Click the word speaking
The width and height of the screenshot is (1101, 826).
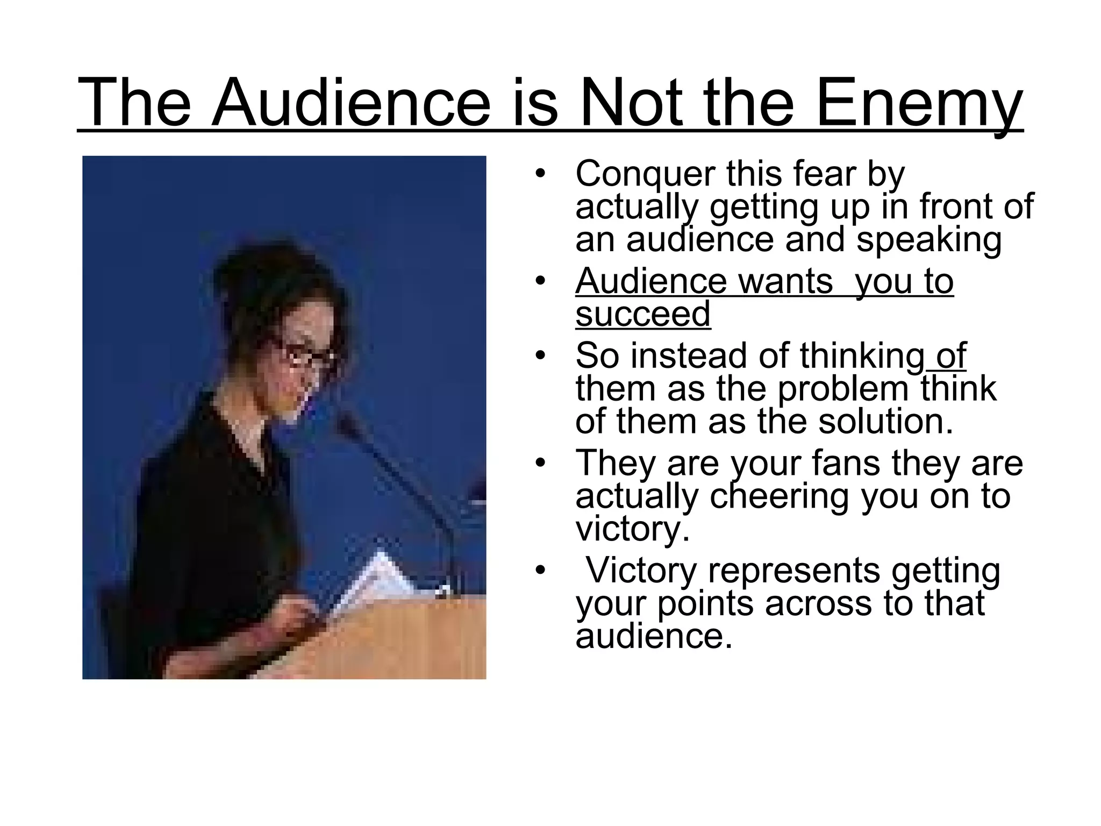(x=929, y=240)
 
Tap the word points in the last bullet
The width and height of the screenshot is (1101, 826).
(x=705, y=603)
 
